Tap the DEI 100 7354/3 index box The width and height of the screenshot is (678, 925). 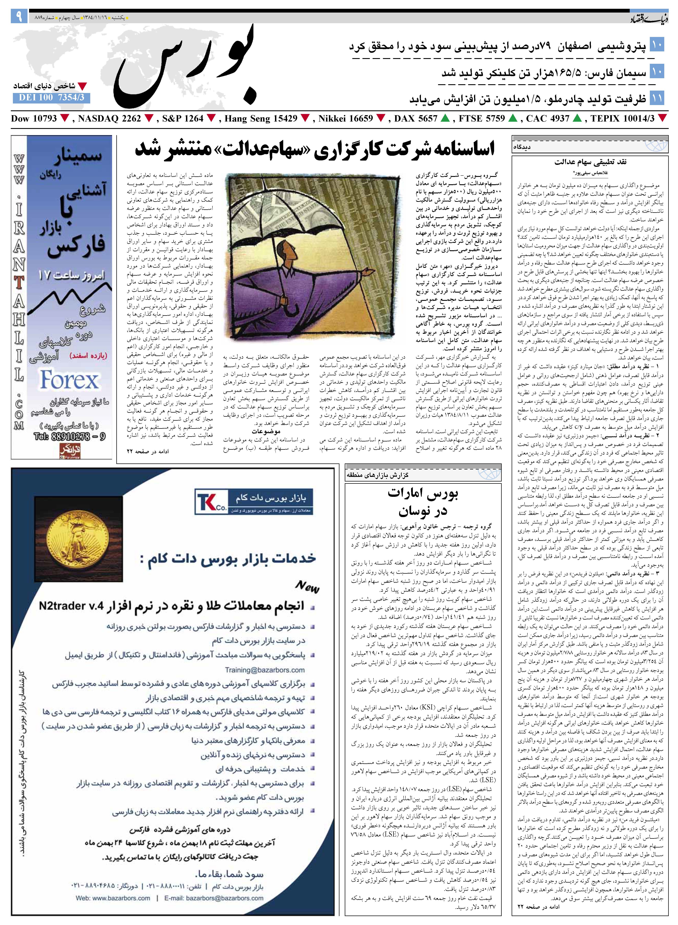coord(51,98)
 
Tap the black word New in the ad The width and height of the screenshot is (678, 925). coord(307,587)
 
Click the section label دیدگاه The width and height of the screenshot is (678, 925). coord(522,147)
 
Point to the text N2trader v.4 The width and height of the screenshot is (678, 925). coord(68,606)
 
